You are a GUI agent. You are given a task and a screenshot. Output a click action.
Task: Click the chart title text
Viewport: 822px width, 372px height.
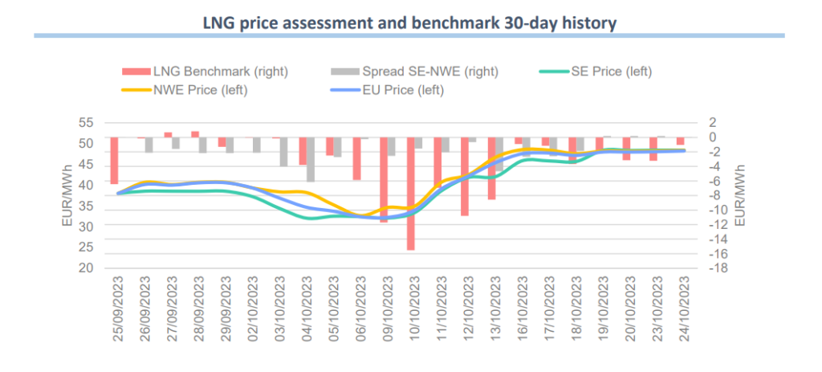409,22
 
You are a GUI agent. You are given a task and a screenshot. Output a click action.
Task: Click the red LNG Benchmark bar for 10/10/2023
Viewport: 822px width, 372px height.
410,194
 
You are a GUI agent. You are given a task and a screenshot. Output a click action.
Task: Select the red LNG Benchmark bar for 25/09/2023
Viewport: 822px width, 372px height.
114,161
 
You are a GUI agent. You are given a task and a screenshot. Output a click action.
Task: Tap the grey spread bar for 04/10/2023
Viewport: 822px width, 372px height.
311,159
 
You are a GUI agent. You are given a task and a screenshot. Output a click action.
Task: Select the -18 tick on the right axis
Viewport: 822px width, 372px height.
718,268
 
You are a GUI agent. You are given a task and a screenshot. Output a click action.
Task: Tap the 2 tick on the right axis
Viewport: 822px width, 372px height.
713,123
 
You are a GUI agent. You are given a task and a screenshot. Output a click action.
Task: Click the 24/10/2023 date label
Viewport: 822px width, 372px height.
685,309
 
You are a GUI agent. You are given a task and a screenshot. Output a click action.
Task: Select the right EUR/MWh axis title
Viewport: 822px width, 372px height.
739,195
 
